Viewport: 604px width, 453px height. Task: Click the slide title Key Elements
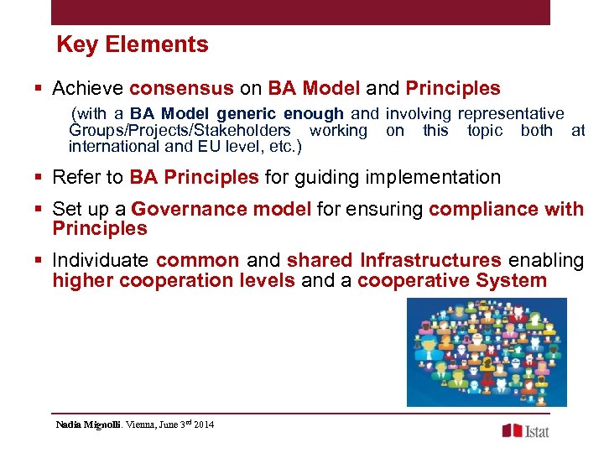[x=133, y=44]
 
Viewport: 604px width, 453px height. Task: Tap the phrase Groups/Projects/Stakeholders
[x=180, y=130]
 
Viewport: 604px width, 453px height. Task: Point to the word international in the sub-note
[x=109, y=147]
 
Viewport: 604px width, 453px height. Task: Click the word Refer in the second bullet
[x=71, y=177]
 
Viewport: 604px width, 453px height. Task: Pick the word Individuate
[x=101, y=261]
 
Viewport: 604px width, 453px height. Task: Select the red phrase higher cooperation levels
[x=174, y=280]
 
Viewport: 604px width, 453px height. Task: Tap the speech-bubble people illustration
[x=486, y=351]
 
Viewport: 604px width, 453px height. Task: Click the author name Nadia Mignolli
[x=88, y=424]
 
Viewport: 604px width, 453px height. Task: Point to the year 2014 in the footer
[x=203, y=424]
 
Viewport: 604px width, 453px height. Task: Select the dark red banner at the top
[x=300, y=12]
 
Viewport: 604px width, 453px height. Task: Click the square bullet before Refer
[x=40, y=178]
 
